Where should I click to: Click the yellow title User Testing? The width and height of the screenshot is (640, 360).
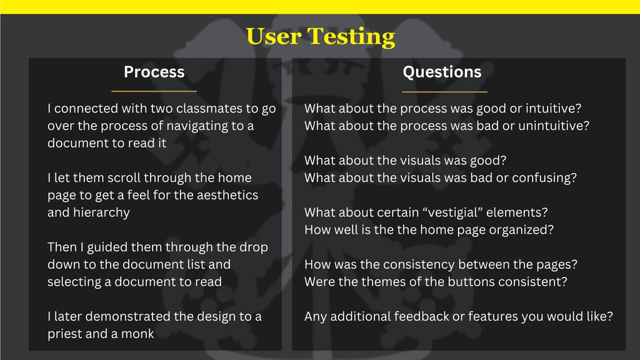click(321, 37)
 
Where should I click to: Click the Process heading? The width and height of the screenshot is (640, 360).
click(154, 72)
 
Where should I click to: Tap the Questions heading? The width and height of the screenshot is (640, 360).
click(442, 72)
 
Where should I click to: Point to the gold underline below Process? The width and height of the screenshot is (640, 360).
click(154, 91)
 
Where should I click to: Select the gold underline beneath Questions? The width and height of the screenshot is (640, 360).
click(444, 92)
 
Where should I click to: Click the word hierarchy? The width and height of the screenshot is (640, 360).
click(101, 212)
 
